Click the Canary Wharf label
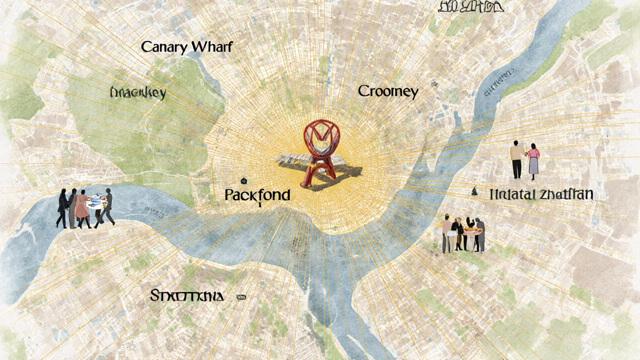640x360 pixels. [x=187, y=47]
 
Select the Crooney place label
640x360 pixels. [x=388, y=91]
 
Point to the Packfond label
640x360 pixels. [x=257, y=195]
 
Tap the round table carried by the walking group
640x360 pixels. [x=96, y=202]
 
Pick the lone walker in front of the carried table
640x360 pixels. [x=107, y=206]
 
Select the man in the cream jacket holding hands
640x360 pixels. [x=516, y=159]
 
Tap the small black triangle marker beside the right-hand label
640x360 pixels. [x=474, y=190]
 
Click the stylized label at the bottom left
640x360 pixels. [x=186, y=296]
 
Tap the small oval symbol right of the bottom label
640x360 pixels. [x=241, y=297]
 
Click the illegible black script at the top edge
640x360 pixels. [x=470, y=6]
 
